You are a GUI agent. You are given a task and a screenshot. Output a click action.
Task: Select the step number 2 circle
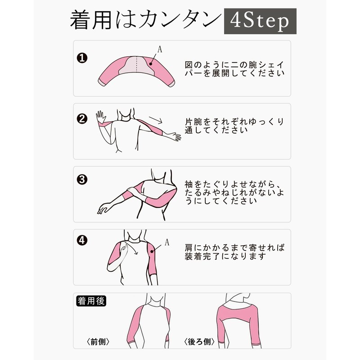tap(82, 119)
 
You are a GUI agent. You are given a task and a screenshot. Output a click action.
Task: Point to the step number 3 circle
tap(82, 180)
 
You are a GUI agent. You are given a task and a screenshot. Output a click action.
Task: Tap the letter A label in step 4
tap(166, 243)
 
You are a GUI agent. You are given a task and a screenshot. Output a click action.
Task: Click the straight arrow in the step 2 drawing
tap(154, 120)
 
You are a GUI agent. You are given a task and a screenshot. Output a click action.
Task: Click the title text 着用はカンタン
tap(145, 22)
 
